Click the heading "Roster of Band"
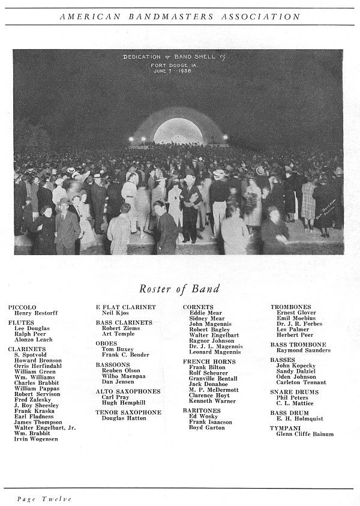[x=179, y=289]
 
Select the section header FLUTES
[x=21, y=322]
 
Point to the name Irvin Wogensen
[x=36, y=439]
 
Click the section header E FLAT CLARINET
[x=125, y=307]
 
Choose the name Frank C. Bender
[x=125, y=355]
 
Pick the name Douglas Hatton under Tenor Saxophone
[x=123, y=418]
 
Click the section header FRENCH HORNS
[x=209, y=362]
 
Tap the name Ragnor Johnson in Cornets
[x=212, y=340]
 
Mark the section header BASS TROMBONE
[x=298, y=345]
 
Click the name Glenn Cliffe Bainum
[x=305, y=434]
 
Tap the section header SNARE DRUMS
[x=295, y=392]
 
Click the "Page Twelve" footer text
[x=44, y=499]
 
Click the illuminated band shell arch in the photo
[x=178, y=130]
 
